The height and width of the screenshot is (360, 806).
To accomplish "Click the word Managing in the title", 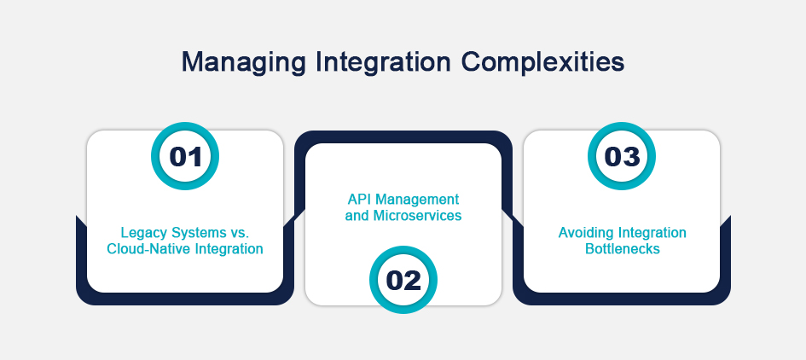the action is tap(242, 63).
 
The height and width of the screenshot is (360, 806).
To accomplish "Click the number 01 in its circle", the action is tap(186, 157).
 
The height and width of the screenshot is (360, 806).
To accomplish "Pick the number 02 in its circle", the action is tap(403, 281).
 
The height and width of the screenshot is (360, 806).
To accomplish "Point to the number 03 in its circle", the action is tap(622, 157).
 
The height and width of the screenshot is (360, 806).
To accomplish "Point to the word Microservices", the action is tap(417, 216).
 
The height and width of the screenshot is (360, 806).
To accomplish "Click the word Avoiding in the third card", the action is tap(586, 234).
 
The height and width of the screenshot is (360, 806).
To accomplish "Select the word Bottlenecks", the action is tap(623, 249).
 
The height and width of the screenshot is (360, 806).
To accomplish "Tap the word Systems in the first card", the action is tap(193, 234).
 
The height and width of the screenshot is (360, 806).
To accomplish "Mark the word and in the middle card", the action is tap(357, 216).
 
